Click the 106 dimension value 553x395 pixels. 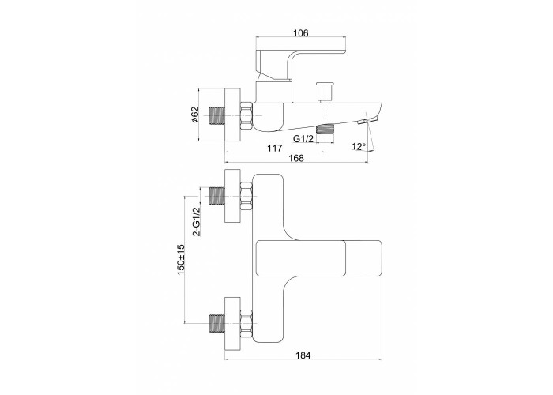coord(300,33)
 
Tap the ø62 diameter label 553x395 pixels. coord(195,115)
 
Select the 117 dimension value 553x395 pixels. coord(274,148)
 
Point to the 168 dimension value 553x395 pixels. coord(296,158)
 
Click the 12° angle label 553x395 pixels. coord(359,146)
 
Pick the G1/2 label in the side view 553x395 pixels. coord(303,139)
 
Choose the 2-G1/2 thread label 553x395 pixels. coord(196,221)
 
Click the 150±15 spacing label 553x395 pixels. coord(181,260)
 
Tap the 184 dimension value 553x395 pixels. coord(303,355)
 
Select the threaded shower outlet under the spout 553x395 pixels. coord(325,128)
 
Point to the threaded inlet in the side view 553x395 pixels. coord(217,116)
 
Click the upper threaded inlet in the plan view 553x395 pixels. coord(217,197)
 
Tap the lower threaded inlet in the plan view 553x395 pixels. coord(217,323)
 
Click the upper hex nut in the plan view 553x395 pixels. coord(246,197)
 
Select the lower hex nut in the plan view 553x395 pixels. coord(246,323)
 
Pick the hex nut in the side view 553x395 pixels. coord(246,116)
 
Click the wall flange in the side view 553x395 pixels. coord(232,115)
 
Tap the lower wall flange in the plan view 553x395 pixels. coord(232,324)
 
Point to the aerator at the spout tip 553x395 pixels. coord(365,122)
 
